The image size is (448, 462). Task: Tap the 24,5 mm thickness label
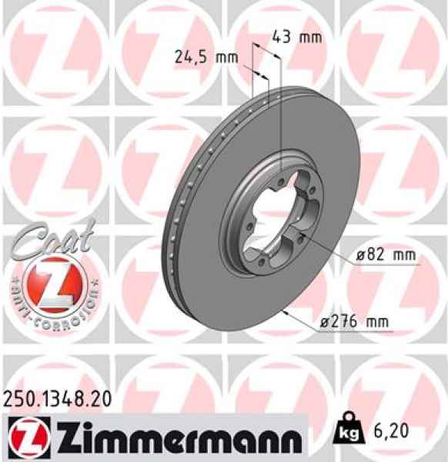coord(205,56)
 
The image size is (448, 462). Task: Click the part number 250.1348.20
coord(58,399)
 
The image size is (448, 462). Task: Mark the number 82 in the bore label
coord(373,255)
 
